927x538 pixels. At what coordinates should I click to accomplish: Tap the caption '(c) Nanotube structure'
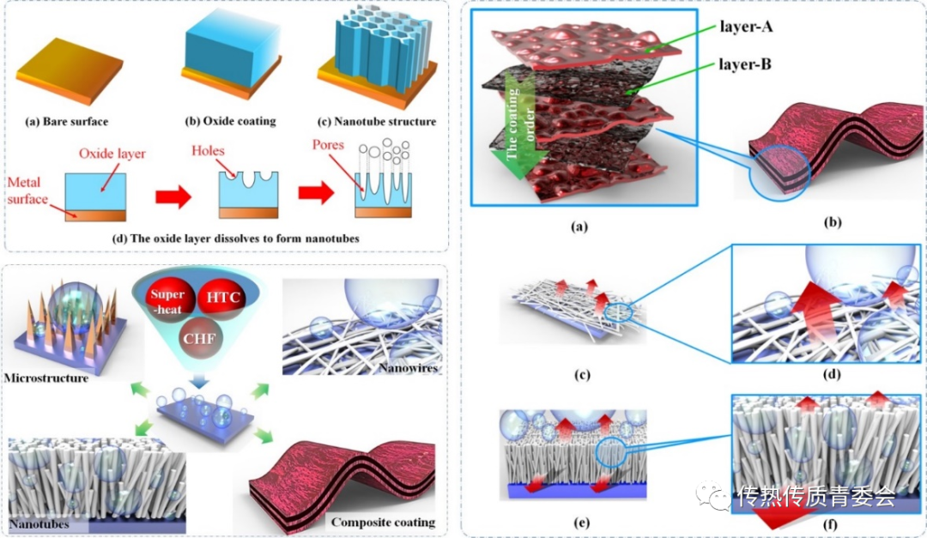click(378, 121)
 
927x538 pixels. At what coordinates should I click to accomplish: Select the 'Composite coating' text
click(395, 522)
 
